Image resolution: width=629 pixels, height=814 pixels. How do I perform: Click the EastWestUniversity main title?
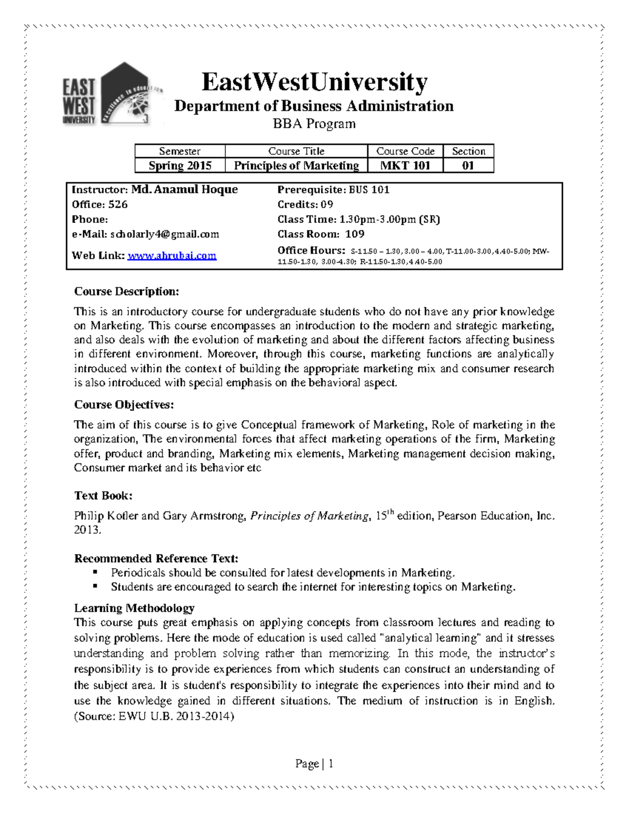[314, 82]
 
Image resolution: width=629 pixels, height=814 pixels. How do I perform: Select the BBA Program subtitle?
[314, 124]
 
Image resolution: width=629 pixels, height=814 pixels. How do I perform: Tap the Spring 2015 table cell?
[180, 166]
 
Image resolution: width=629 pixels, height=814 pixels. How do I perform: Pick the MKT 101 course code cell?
[405, 166]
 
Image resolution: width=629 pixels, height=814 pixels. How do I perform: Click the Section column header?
[468, 151]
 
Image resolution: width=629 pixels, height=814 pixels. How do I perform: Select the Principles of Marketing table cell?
[296, 166]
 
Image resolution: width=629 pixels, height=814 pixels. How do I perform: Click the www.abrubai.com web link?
[172, 256]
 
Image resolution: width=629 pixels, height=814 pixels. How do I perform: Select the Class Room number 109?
[355, 234]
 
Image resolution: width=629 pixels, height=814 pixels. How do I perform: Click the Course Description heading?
[126, 291]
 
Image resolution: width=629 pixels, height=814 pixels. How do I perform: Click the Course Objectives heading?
[124, 405]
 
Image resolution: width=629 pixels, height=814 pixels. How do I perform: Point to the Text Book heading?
[103, 495]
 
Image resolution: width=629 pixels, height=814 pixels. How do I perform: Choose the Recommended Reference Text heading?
[156, 558]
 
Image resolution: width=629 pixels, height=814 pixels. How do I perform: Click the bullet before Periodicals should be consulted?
[95, 572]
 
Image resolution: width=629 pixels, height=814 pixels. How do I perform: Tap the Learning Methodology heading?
[134, 608]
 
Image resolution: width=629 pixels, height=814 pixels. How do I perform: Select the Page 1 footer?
[314, 764]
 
